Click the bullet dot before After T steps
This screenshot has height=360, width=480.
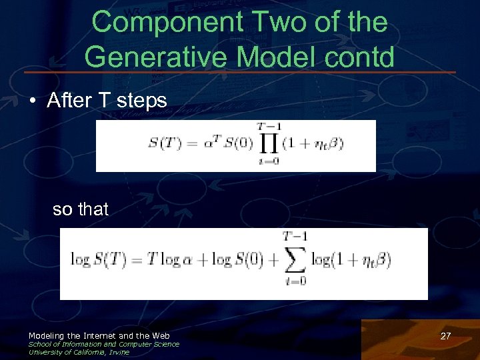33,101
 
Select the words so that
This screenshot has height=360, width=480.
80,209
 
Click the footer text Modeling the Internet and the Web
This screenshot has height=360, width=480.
99,335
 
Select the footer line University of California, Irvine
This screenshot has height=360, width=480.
79,352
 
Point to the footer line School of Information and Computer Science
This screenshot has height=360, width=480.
103,344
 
